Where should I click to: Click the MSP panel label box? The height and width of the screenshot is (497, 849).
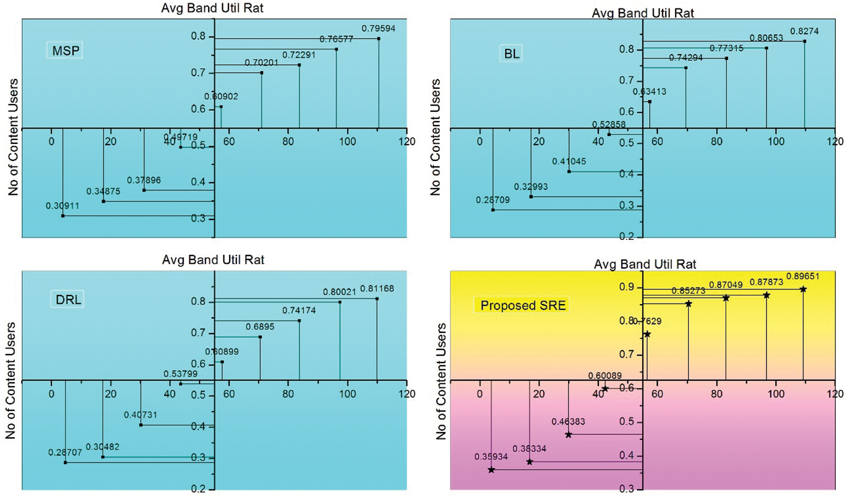pyautogui.click(x=65, y=51)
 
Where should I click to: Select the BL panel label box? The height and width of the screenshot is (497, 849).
pyautogui.click(x=511, y=54)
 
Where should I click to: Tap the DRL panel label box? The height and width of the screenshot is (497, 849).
pyautogui.click(x=68, y=300)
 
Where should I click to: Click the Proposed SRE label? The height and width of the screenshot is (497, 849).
pyautogui.click(x=523, y=305)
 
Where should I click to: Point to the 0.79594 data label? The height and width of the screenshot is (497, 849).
pyautogui.click(x=378, y=28)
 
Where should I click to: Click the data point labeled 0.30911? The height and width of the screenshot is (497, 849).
pyautogui.click(x=63, y=216)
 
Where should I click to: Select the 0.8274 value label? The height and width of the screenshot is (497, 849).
pyautogui.click(x=804, y=31)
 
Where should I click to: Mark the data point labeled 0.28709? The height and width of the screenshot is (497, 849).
pyautogui.click(x=493, y=210)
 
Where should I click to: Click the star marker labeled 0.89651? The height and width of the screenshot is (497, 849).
pyautogui.click(x=803, y=289)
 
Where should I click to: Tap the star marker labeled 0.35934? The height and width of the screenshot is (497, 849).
pyautogui.click(x=491, y=470)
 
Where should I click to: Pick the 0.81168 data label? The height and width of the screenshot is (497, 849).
pyautogui.click(x=377, y=289)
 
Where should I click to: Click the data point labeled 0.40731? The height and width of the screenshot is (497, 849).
pyautogui.click(x=140, y=425)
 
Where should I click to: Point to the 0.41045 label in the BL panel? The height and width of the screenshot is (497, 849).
pyautogui.click(x=568, y=162)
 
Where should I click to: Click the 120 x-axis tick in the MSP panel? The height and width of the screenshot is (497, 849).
pyautogui.click(x=407, y=141)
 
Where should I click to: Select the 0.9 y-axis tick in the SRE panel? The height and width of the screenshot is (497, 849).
pyautogui.click(x=626, y=287)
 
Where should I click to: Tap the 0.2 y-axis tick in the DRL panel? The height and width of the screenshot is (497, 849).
pyautogui.click(x=198, y=489)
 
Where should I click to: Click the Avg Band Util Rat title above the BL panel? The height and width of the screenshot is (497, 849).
pyautogui.click(x=642, y=13)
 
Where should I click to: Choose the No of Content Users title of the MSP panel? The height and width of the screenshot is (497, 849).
pyautogui.click(x=13, y=137)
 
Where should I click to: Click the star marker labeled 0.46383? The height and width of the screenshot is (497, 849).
pyautogui.click(x=568, y=435)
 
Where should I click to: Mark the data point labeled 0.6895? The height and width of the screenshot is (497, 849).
pyautogui.click(x=260, y=337)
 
